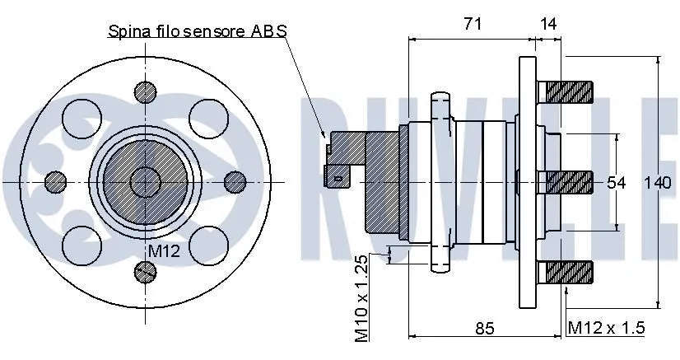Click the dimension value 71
pyautogui.click(x=472, y=24)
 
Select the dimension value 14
pyautogui.click(x=548, y=24)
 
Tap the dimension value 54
pyautogui.click(x=617, y=182)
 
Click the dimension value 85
pyautogui.click(x=485, y=328)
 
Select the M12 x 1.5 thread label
pyautogui.click(x=607, y=328)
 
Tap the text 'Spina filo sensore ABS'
pyautogui.click(x=197, y=31)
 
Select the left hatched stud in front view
pyautogui.click(x=55, y=180)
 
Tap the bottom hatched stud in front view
pyautogui.click(x=145, y=270)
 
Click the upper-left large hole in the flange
pyautogui.click(x=82, y=119)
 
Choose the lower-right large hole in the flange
pyautogui.click(x=207, y=244)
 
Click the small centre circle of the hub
pyautogui.click(x=145, y=181)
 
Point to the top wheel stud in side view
pyautogui.click(x=566, y=91)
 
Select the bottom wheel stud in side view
pyautogui.click(x=566, y=271)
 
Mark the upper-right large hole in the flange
pyautogui.click(x=207, y=119)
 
